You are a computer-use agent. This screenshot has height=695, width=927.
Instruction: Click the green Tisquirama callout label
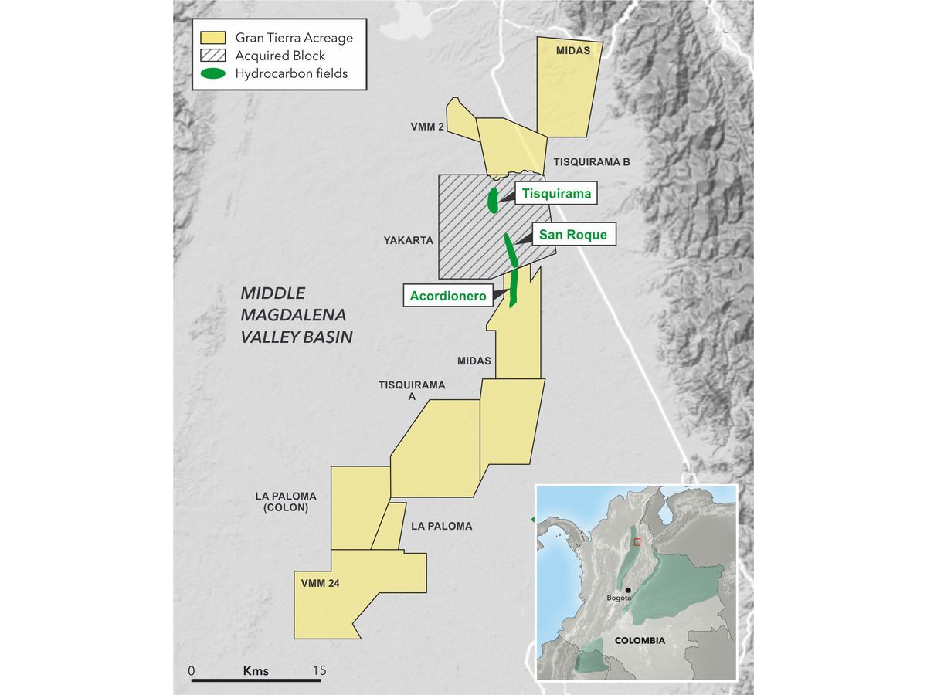[x=556, y=194]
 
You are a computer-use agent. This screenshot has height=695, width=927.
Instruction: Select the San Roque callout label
[x=572, y=235]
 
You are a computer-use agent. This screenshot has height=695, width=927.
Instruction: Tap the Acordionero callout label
[x=447, y=296]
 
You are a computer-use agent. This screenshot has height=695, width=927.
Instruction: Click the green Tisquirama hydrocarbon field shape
[x=493, y=199]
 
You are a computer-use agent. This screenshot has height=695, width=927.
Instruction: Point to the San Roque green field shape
[x=511, y=250]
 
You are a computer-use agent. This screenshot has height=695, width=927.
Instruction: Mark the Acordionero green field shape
[x=512, y=287]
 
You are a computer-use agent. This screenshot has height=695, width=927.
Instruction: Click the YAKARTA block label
[x=409, y=241]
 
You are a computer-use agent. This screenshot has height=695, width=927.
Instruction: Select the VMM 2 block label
[x=427, y=127]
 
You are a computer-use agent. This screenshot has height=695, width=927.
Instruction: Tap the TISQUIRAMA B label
[x=592, y=162]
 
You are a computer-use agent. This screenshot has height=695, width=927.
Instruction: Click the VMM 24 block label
[x=320, y=584]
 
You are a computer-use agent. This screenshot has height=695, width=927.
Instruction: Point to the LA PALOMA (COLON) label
[x=286, y=502]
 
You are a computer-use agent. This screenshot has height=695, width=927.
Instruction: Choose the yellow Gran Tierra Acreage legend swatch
[x=212, y=38]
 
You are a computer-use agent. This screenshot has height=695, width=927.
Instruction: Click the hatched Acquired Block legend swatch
[x=212, y=56]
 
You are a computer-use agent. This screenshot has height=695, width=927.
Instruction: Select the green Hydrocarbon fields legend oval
[x=212, y=74]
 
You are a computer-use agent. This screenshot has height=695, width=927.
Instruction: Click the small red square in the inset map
[x=637, y=542]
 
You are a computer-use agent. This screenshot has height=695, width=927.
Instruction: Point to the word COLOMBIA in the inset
[x=640, y=641]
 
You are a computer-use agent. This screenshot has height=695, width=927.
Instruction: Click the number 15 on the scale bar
[x=319, y=670]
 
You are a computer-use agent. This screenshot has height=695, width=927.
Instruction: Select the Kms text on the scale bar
[x=256, y=670]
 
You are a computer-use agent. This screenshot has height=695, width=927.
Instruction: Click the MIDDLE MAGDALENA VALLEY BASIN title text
[x=296, y=315]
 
